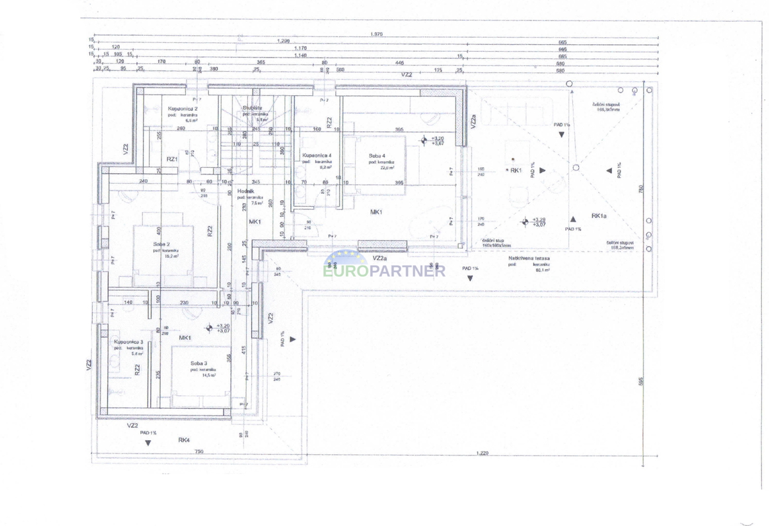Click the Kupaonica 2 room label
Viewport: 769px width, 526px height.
point(183,109)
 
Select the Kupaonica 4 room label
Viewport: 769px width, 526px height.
point(317,155)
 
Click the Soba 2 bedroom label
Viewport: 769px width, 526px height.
point(161,244)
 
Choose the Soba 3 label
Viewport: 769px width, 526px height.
point(199,363)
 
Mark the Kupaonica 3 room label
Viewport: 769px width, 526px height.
point(128,342)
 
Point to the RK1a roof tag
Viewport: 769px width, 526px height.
point(599,216)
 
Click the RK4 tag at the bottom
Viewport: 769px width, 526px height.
point(185,440)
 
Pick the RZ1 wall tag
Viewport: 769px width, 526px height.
point(172,159)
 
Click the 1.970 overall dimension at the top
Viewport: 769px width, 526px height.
point(376,34)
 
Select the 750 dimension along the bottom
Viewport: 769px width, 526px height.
point(199,453)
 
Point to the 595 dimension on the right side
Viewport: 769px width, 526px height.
point(641,381)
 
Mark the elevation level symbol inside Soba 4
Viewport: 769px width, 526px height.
point(424,140)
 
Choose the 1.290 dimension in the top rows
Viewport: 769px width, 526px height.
point(283,42)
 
